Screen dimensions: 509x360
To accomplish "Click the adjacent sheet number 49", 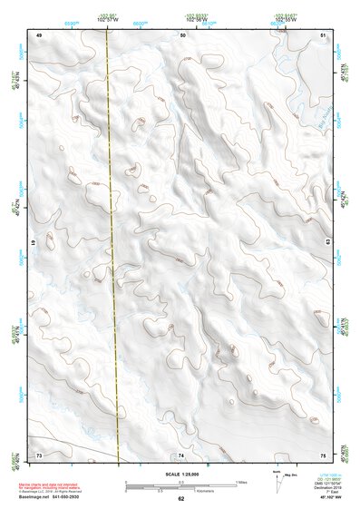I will coord(39,34).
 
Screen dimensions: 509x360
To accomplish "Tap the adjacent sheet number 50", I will coord(182,34).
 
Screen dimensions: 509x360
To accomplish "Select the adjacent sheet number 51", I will coord(324,34).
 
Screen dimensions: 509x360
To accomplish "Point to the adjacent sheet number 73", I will coord(39,454).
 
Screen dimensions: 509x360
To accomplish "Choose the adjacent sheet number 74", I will coord(181,454).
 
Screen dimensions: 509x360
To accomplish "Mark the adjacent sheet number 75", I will coord(324,454).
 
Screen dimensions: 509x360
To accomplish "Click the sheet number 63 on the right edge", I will coord(327,242).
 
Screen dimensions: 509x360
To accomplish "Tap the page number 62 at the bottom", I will coord(181,498).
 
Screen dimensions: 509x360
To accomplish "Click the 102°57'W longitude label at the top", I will coord(108,19).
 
